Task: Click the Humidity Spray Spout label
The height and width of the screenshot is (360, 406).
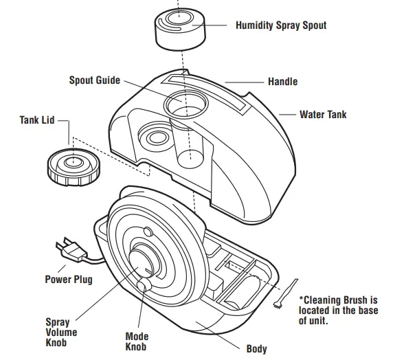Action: click(x=281, y=25)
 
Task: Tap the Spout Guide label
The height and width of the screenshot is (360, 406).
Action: click(x=95, y=80)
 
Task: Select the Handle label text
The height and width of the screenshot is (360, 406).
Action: click(x=283, y=82)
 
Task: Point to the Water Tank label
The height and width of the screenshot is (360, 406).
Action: click(x=323, y=115)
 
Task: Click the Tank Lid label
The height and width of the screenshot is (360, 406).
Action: click(x=37, y=120)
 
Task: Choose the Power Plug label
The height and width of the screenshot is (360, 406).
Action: click(x=69, y=280)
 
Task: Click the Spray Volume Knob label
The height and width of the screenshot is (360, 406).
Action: click(x=61, y=333)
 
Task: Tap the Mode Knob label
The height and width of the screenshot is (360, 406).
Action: click(x=137, y=341)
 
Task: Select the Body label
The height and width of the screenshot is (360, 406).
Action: click(x=256, y=348)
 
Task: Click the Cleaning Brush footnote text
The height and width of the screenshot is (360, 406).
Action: click(x=338, y=311)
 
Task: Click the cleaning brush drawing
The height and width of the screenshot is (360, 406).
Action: click(x=286, y=293)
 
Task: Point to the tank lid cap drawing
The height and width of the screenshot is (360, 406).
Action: click(x=74, y=167)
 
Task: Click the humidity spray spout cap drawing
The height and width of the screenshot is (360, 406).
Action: click(x=180, y=29)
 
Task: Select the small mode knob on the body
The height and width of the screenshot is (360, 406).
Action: click(x=144, y=286)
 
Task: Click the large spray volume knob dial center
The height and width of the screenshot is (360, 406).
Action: click(x=141, y=262)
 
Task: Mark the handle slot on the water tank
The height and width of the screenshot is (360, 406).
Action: click(x=204, y=95)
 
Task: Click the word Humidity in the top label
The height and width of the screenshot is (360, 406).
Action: click(x=254, y=25)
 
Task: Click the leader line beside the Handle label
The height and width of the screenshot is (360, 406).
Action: click(x=244, y=82)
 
